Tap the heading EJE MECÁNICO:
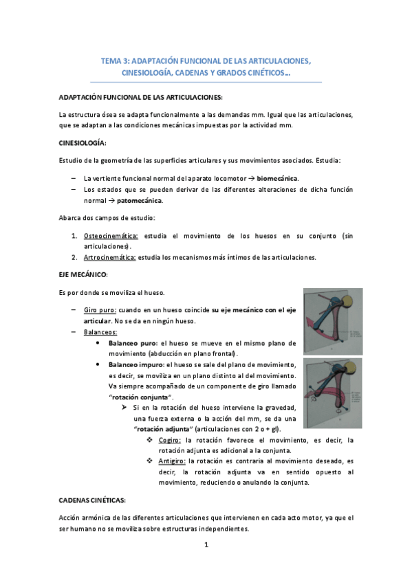tap(80, 274)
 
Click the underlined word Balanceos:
tap(100, 331)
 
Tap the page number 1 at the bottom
tap(206, 545)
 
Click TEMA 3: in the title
tap(114, 60)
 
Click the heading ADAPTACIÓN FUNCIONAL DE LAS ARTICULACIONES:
tap(141, 97)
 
